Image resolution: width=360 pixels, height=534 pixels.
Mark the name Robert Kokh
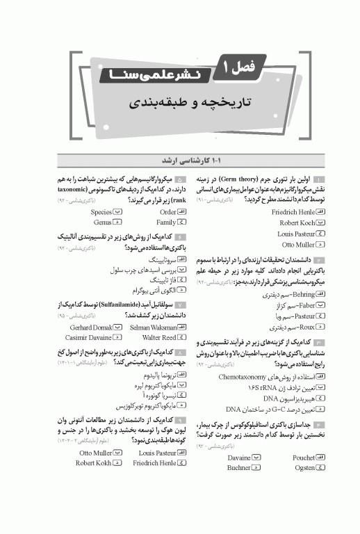94,463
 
